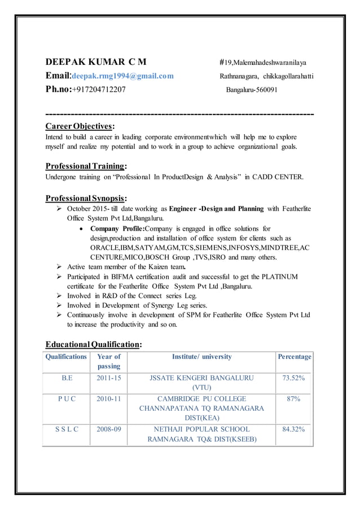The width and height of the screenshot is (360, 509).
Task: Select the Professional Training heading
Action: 86,166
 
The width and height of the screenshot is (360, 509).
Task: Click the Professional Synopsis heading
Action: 86,198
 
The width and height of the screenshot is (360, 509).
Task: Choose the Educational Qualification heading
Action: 93,344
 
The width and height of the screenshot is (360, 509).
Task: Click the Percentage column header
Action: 294,357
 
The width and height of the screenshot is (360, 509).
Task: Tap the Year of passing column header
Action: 108,361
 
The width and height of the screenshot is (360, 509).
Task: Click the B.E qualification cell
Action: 67,378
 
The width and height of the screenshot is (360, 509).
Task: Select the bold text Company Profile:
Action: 118,229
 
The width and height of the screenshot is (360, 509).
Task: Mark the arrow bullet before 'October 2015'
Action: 60,209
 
